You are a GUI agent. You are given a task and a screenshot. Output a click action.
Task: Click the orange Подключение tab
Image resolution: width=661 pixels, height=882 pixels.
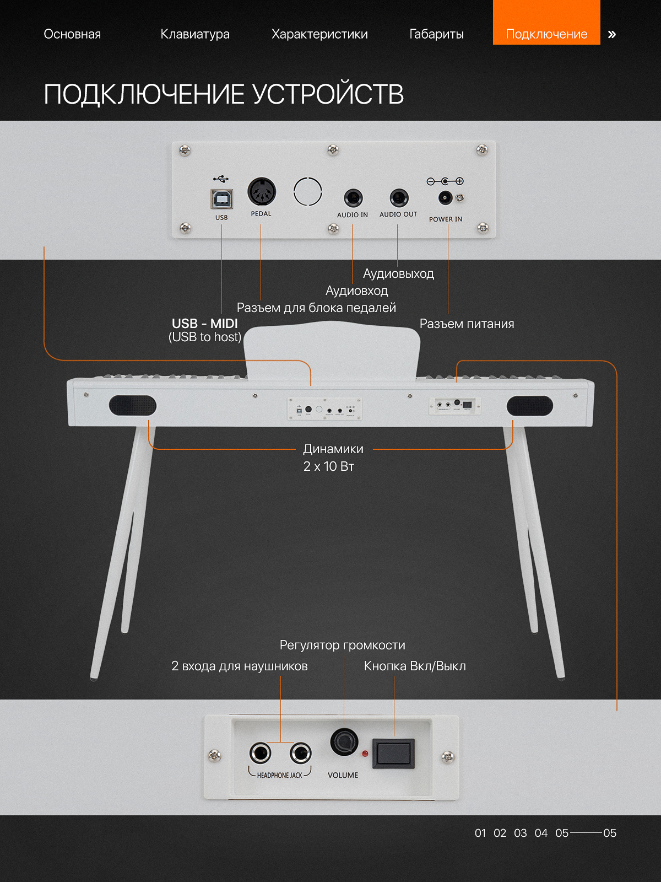coord(546,22)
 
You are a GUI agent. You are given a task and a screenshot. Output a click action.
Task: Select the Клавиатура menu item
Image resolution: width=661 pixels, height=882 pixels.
coord(195,34)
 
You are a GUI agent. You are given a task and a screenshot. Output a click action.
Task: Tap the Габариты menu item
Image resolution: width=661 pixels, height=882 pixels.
coord(436,34)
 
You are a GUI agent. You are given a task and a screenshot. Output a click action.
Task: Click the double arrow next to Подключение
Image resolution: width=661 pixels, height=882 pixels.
coord(611,35)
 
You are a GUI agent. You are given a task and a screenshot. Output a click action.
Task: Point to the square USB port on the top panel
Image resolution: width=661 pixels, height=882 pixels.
coord(221,199)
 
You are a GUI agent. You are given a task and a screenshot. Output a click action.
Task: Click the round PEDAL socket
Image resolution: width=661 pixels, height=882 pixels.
coord(262,192)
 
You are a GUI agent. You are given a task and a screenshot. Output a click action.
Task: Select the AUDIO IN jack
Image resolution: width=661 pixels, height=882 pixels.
coord(353,198)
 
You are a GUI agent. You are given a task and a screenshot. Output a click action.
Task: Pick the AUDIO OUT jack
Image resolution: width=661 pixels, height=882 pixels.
coord(399,198)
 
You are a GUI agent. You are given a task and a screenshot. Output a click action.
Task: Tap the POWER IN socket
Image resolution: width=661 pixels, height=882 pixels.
coord(445,197)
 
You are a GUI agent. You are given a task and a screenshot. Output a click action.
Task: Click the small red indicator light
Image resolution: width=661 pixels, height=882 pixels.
coord(365,754)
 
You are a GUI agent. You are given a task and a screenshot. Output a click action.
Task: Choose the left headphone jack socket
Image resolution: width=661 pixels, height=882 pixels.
coord(260,752)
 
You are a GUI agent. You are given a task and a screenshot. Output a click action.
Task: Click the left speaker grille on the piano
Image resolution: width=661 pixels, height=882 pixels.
coord(132,405)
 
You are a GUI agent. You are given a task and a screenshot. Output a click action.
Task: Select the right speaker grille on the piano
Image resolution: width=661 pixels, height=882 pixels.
coord(530,405)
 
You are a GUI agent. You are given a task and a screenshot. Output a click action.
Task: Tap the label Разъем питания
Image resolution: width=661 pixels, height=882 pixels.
coord(467,324)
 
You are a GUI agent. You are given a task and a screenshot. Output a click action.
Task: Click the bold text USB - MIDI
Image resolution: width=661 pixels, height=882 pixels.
coord(205,324)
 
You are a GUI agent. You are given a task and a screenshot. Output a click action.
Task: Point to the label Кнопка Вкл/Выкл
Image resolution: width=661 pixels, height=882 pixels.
coord(415,666)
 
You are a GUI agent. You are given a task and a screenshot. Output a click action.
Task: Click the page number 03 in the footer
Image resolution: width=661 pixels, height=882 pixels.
coord(520,833)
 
